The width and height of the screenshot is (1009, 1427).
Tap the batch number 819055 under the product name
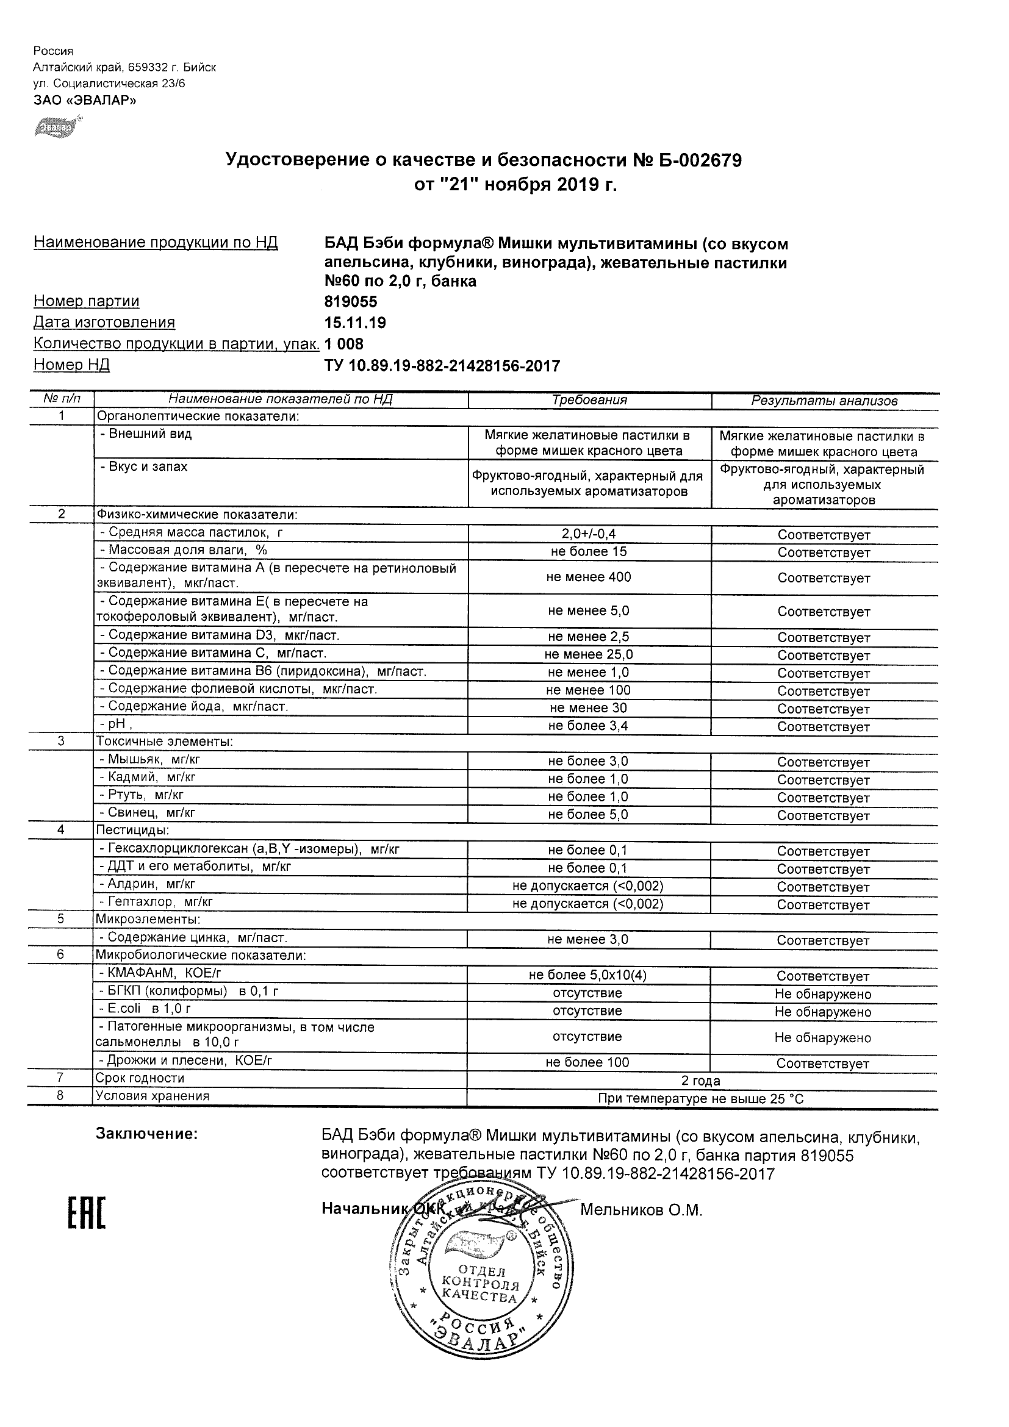(x=351, y=302)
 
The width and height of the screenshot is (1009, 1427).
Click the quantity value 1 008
(x=344, y=345)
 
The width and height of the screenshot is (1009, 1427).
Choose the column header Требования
(x=589, y=401)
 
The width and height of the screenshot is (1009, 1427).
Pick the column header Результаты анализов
(x=824, y=401)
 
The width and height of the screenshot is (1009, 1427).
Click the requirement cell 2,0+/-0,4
(x=589, y=534)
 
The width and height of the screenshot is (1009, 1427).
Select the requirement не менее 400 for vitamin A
(x=589, y=578)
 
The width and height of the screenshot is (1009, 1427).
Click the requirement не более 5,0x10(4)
(x=587, y=976)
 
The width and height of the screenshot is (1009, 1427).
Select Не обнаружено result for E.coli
(x=823, y=1012)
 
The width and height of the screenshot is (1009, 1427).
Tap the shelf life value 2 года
(x=701, y=1081)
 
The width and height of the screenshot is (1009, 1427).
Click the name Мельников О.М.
(x=641, y=1210)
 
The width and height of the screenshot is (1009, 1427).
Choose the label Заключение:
(x=147, y=1134)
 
